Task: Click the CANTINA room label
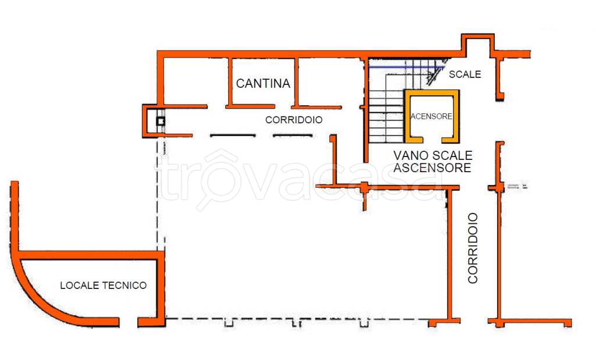(263, 83)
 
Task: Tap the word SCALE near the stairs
(465, 74)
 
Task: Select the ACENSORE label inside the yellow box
(431, 116)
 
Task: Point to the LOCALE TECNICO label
(104, 285)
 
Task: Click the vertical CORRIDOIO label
(473, 248)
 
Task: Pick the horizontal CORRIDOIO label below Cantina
(294, 120)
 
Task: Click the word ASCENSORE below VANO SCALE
(432, 167)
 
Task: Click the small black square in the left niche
(161, 122)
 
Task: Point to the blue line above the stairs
(406, 67)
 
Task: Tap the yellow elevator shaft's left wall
(407, 116)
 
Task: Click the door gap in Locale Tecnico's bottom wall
(129, 322)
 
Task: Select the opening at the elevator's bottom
(432, 140)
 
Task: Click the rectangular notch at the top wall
(478, 43)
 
